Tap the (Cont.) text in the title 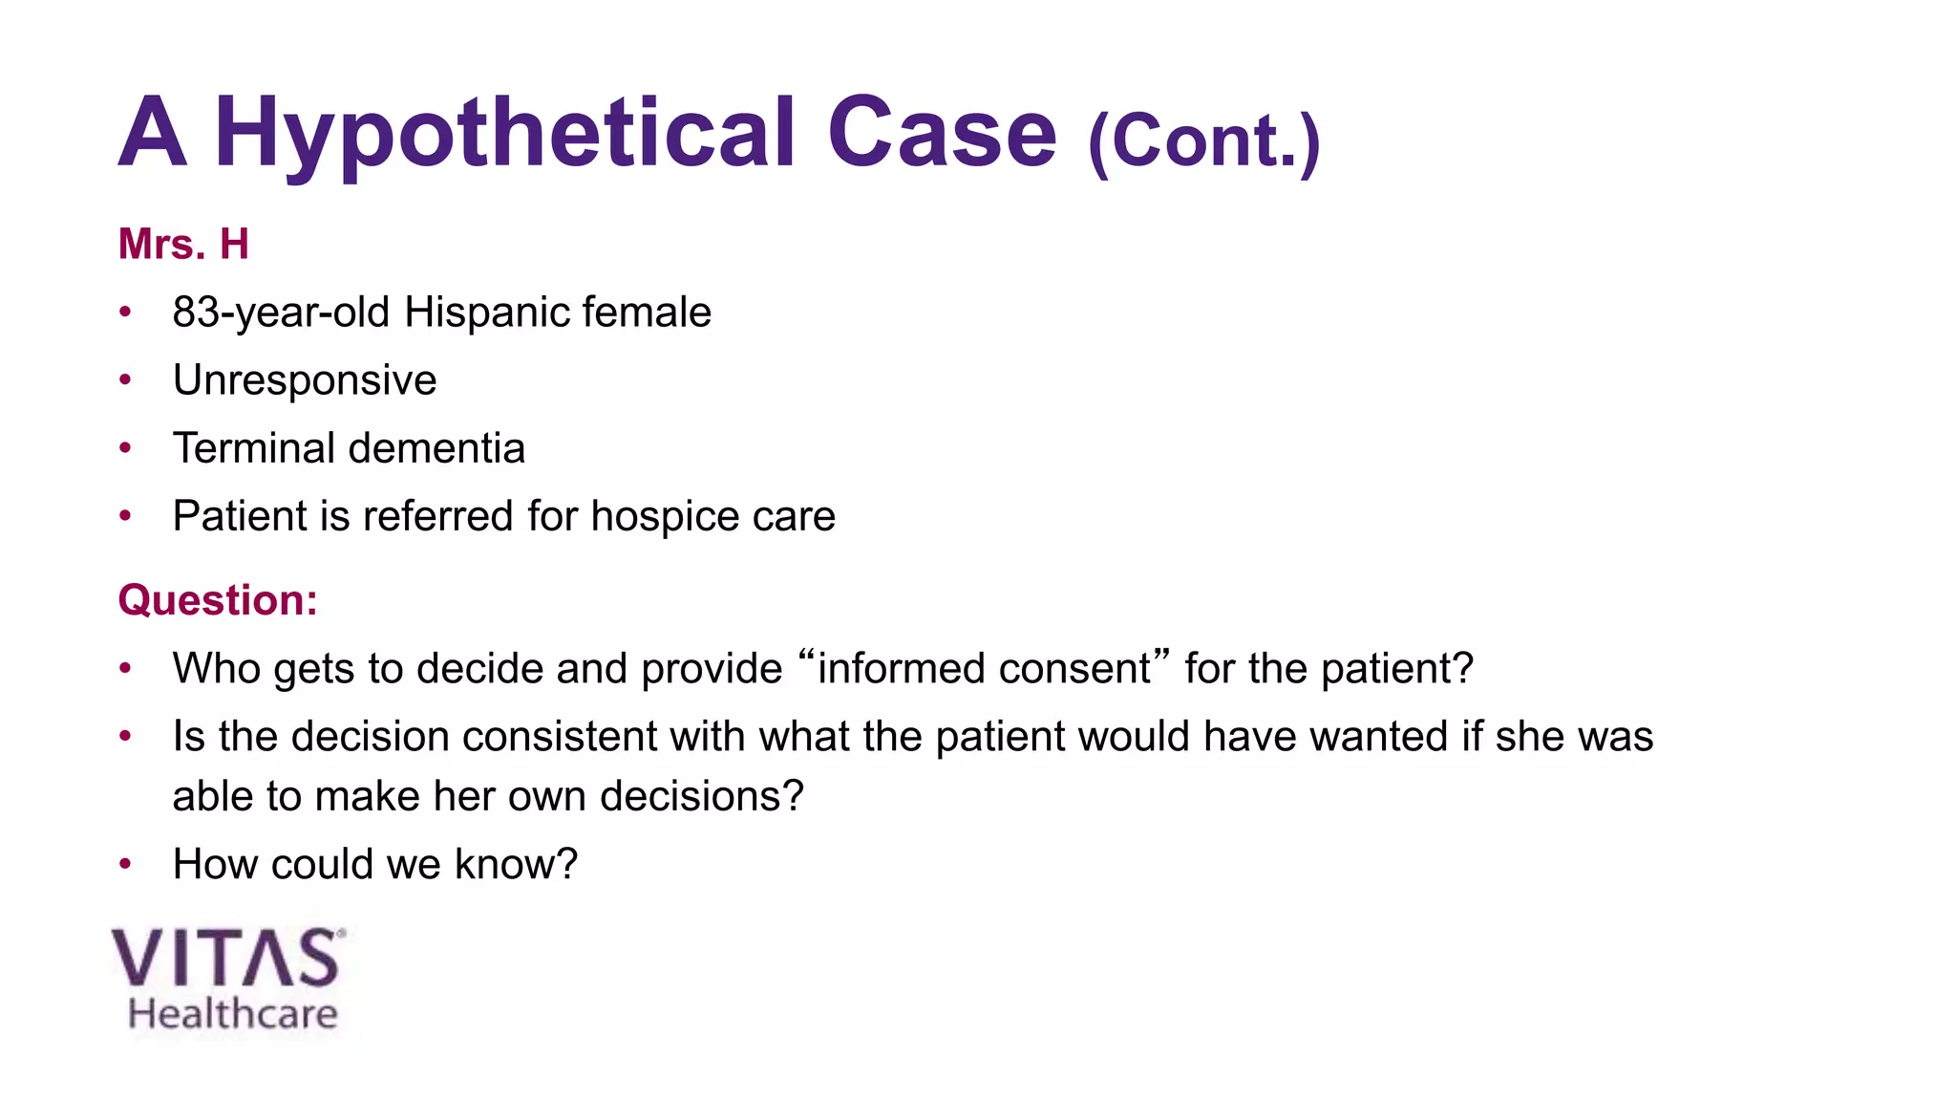coord(1203,141)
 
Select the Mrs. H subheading coord(183,244)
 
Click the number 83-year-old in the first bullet coord(281,313)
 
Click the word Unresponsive coord(305,380)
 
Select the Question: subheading coord(218,600)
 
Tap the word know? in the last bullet coord(516,864)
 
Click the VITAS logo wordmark coord(226,959)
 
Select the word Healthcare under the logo coord(233,1014)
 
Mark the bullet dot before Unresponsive coord(125,380)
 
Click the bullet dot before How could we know coord(125,864)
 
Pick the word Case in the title coord(942,134)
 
